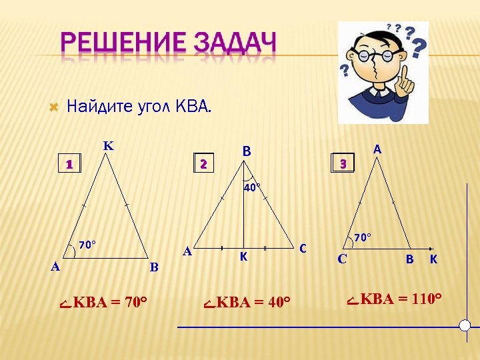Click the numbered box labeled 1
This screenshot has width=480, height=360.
coord(69,164)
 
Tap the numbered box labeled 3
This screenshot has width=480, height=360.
coord(342,163)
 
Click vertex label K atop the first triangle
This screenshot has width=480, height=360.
coord(107,146)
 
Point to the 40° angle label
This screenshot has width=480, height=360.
coord(251,188)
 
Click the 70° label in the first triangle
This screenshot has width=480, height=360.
coord(87,245)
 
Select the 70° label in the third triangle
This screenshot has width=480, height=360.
coord(362,237)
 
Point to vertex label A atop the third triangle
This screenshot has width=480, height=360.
coord(377,150)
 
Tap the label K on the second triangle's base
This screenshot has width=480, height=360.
coord(244,257)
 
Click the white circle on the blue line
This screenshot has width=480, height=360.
coord(465,325)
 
